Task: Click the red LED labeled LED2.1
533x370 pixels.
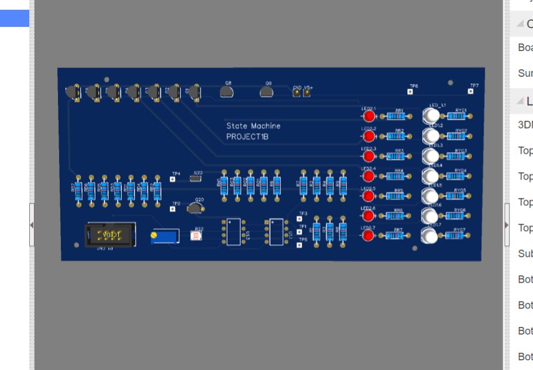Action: tap(369, 116)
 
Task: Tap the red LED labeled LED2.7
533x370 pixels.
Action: tap(369, 235)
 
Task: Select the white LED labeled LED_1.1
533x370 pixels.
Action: tap(430, 115)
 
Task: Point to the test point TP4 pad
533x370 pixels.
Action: tap(173, 179)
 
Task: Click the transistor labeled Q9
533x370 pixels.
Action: tap(266, 91)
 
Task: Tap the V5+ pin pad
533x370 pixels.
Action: tap(307, 93)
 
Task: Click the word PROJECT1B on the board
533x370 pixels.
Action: tap(248, 138)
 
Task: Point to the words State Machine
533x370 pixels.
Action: tap(253, 126)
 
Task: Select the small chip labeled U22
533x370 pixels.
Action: tap(196, 180)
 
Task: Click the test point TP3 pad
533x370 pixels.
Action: tap(299, 219)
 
